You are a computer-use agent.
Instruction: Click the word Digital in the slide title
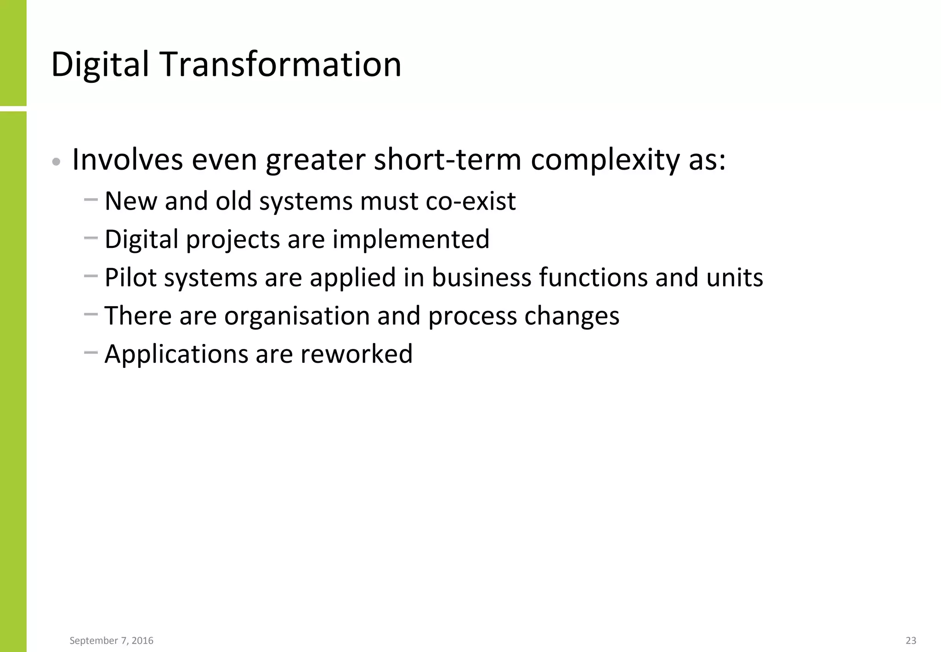click(100, 64)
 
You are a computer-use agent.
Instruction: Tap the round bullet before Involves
click(56, 162)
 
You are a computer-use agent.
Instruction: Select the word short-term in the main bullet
click(448, 160)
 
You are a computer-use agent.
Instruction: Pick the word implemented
click(411, 240)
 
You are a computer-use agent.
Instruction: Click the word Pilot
click(130, 278)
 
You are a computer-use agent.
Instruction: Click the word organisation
click(297, 316)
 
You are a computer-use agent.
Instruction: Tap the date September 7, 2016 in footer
click(111, 641)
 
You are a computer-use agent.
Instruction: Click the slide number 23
click(911, 641)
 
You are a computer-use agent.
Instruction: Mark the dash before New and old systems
click(91, 200)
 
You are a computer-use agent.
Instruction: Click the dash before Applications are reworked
click(91, 353)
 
